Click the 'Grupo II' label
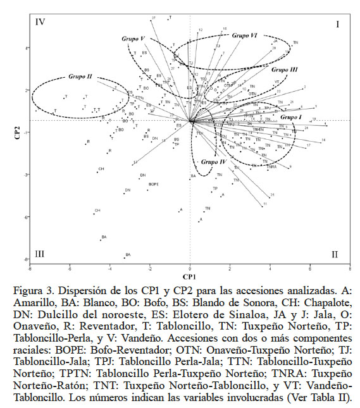tap(80, 77)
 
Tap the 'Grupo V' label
tap(133, 39)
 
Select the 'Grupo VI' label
tap(244, 35)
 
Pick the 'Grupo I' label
tap(291, 117)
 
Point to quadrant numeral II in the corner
tap(335, 254)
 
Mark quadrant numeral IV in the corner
tap(40, 24)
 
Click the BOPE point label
tap(152, 184)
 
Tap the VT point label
tap(277, 82)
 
